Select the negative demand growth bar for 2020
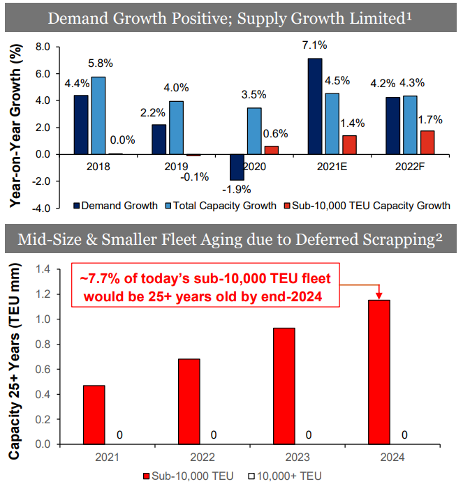coord(237,167)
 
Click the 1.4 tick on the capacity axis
coord(43,269)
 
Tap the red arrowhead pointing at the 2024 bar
coord(379,294)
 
